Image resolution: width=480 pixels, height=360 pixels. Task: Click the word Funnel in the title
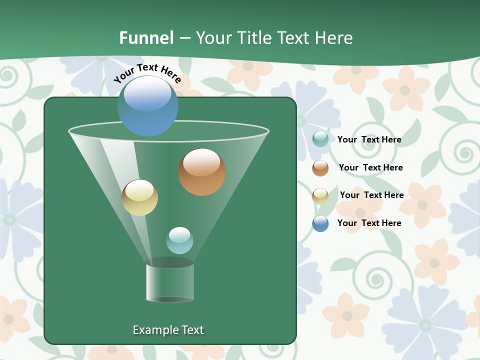click(146, 38)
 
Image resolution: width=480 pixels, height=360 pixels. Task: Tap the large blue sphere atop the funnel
click(148, 106)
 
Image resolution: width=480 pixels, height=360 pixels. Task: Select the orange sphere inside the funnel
click(202, 172)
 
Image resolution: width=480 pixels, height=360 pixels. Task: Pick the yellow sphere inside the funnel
click(139, 197)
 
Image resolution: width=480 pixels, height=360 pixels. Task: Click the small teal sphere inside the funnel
click(179, 240)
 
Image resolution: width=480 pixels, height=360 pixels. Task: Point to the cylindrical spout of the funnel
click(170, 282)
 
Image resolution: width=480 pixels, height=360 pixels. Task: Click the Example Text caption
click(168, 330)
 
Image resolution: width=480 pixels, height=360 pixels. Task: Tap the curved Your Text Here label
click(147, 72)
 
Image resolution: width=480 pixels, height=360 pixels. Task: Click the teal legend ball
click(320, 139)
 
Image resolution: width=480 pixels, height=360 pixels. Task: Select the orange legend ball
click(320, 168)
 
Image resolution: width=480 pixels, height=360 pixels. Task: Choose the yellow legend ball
click(320, 196)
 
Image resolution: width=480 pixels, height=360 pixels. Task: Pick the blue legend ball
click(320, 223)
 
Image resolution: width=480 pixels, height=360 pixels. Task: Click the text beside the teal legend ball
click(369, 140)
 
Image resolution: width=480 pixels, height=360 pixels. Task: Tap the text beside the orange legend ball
click(370, 167)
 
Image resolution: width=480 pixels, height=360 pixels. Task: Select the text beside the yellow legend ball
click(371, 195)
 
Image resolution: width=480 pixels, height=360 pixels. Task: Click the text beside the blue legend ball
click(369, 223)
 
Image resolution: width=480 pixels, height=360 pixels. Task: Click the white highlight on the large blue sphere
click(147, 93)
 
